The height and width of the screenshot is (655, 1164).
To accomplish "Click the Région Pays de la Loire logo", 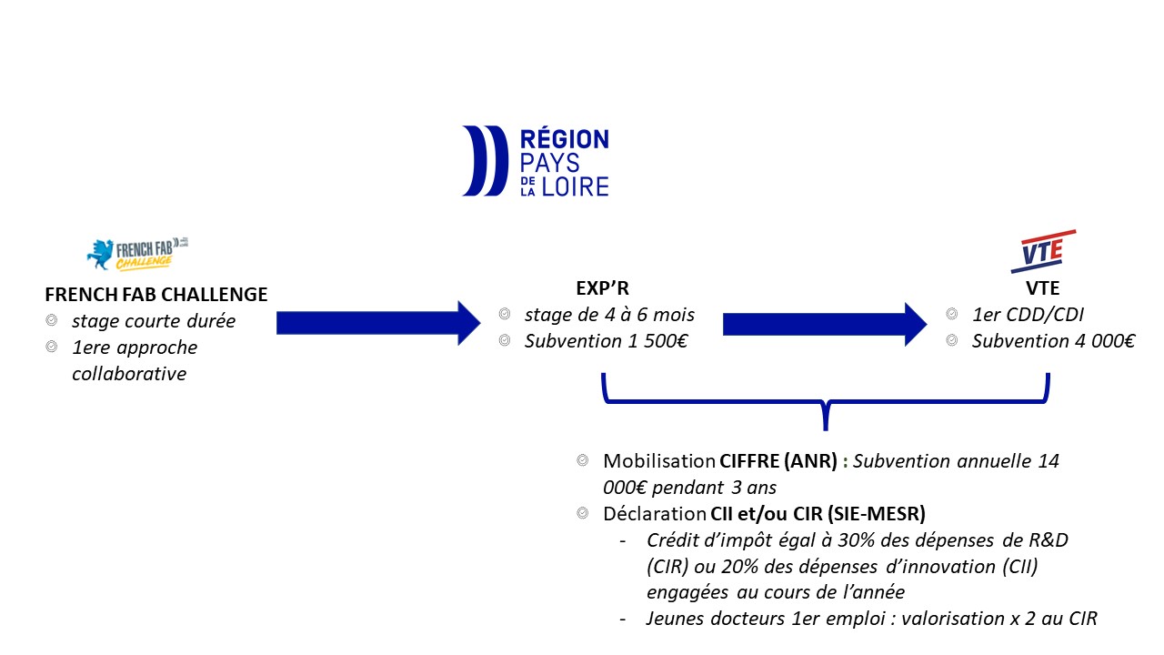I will [x=536, y=162].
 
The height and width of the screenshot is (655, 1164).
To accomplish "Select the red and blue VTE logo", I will [x=1042, y=251].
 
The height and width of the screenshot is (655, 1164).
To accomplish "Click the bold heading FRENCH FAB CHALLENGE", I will [x=156, y=295].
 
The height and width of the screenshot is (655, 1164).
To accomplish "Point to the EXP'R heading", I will [x=603, y=288].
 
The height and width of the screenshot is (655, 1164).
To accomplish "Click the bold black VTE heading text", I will [x=1044, y=288].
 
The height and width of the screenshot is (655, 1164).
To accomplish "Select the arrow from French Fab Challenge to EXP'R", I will [x=377, y=323].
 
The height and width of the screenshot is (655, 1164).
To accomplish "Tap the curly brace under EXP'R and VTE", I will [x=825, y=400].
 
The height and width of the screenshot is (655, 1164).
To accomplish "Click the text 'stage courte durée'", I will [x=154, y=320].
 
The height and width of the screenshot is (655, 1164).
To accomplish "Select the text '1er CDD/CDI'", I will [x=1022, y=315].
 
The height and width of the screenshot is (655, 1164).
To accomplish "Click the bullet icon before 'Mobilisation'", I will [x=583, y=461].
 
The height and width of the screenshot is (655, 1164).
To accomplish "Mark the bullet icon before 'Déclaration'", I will [x=583, y=513].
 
